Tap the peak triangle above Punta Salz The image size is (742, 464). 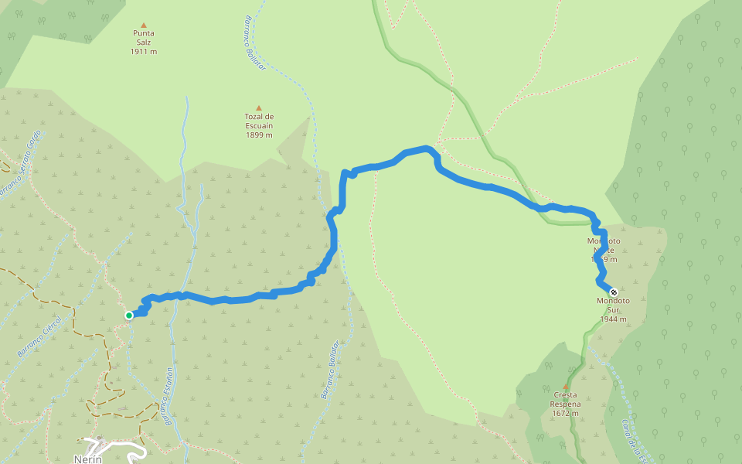pyautogui.click(x=143, y=25)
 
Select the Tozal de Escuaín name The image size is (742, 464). pyautogui.click(x=259, y=121)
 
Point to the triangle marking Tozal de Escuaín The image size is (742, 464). pyautogui.click(x=259, y=108)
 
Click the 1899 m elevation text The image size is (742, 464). pyautogui.click(x=259, y=135)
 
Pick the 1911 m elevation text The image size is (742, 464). pyautogui.click(x=143, y=52)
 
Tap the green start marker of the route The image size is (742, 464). pyautogui.click(x=129, y=315)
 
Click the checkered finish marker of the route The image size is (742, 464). pyautogui.click(x=613, y=292)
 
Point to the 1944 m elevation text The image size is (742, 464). pyautogui.click(x=613, y=319)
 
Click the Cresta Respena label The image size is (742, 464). pyautogui.click(x=565, y=400)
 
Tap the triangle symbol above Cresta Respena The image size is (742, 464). pyautogui.click(x=565, y=387)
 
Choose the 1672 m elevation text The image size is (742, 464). pyautogui.click(x=565, y=413)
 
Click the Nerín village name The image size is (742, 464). pyautogui.click(x=88, y=459)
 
